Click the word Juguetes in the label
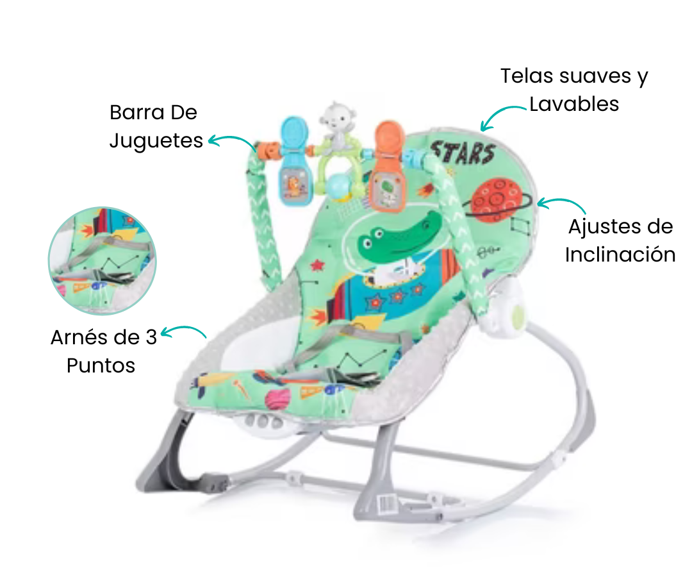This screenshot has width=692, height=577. point(156,141)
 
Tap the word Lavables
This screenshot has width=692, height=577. point(574,105)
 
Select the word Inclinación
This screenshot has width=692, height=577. point(620,255)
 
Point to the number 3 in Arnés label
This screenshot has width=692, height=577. point(151,338)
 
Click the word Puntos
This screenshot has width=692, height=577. point(101,365)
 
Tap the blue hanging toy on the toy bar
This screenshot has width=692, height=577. point(295,161)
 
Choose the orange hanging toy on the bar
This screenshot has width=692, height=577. point(388,166)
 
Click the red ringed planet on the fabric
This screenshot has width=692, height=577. point(497,199)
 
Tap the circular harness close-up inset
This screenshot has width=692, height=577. point(102,260)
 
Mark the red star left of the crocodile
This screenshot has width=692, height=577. point(317,265)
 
